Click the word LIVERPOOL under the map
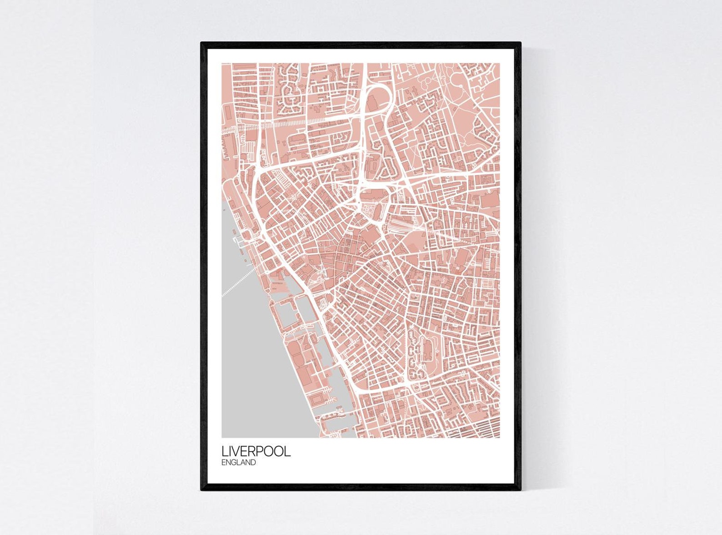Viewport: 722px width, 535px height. click(256, 452)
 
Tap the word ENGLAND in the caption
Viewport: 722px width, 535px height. click(239, 463)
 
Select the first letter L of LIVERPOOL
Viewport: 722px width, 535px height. click(224, 452)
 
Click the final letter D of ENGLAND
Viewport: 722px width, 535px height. click(253, 463)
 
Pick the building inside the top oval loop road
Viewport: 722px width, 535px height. click(375, 102)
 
